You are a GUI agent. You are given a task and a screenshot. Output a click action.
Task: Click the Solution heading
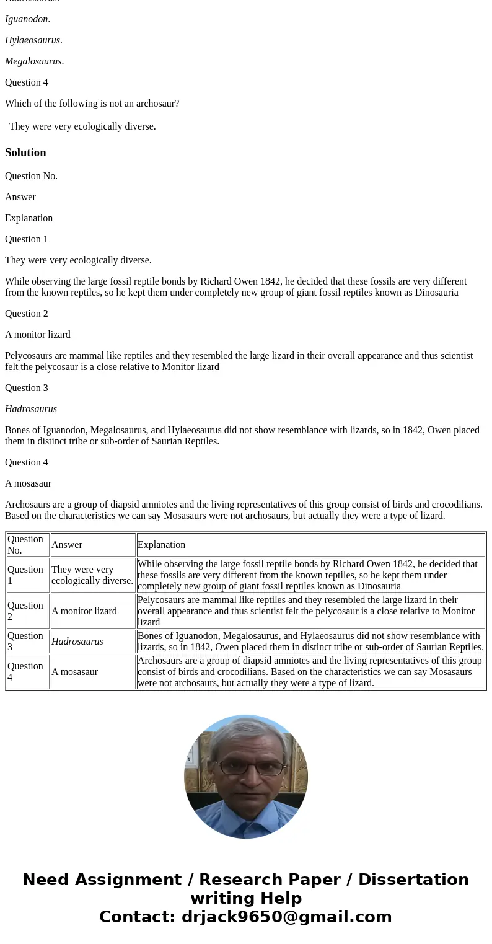[25, 152]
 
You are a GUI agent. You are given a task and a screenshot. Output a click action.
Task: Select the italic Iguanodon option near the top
[27, 19]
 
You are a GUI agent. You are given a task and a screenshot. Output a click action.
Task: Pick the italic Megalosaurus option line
[34, 61]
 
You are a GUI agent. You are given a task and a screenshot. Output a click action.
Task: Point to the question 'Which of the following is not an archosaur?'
[92, 104]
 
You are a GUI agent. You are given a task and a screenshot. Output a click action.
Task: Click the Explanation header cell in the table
[162, 545]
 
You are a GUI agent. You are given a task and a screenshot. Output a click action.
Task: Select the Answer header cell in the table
[67, 545]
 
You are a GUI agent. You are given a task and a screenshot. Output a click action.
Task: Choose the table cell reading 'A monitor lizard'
[84, 611]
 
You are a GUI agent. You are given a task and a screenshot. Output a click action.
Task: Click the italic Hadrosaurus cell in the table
[77, 642]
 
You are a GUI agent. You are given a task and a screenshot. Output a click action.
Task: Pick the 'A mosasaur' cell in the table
[75, 672]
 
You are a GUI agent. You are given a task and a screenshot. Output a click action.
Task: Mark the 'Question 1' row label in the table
[25, 575]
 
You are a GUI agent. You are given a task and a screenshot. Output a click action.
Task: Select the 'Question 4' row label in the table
[25, 672]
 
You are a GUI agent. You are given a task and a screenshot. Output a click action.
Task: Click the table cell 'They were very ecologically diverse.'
[92, 575]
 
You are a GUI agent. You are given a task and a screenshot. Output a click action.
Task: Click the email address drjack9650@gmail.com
[286, 917]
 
